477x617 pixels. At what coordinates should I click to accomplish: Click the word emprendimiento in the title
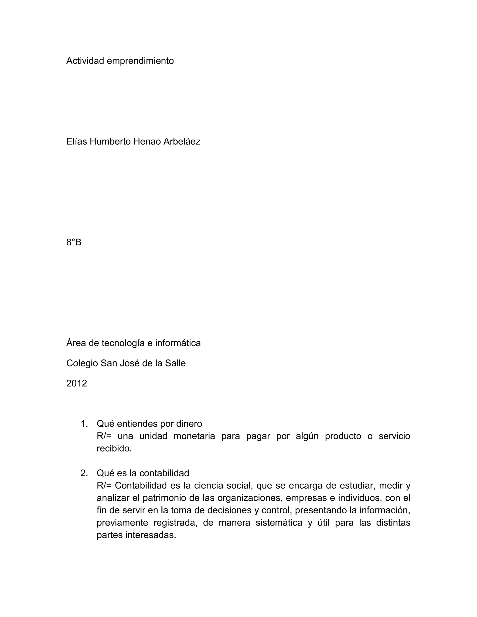coord(140,61)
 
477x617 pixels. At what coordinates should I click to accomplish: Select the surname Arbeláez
coord(182,141)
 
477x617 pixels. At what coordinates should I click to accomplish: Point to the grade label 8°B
coord(74,242)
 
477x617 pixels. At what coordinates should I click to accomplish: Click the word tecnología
coord(123,343)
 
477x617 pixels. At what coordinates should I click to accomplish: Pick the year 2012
coord(77,383)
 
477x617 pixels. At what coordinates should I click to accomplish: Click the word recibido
coord(114,449)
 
